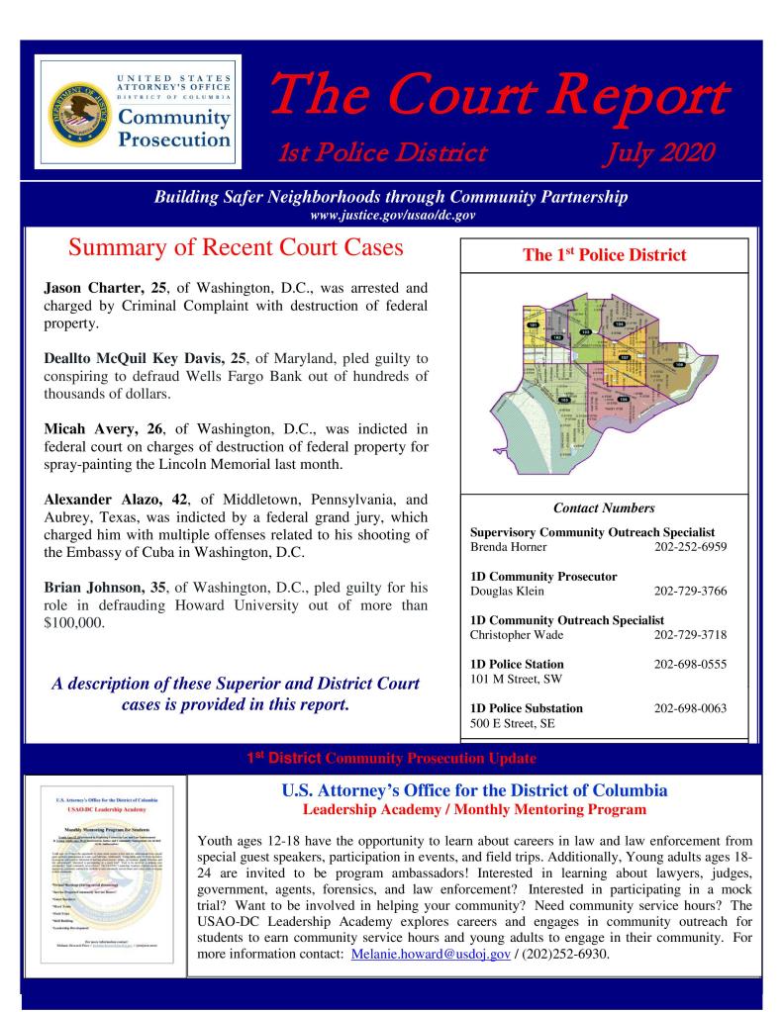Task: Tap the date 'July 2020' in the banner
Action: tap(665, 152)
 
